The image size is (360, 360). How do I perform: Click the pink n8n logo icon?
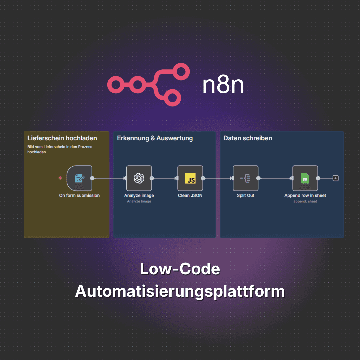[x=148, y=84]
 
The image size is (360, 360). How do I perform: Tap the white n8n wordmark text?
[x=223, y=85]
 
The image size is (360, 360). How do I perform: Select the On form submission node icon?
[x=79, y=178]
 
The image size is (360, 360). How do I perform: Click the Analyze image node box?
[x=139, y=178]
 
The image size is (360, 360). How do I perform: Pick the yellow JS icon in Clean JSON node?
[x=190, y=178]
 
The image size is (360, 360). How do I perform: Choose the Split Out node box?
[x=246, y=178]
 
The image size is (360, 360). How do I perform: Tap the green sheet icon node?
[x=305, y=178]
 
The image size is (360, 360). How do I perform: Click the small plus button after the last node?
[x=336, y=178]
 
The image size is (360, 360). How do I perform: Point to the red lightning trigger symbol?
[x=60, y=178]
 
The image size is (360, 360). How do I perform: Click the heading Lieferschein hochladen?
[x=62, y=138]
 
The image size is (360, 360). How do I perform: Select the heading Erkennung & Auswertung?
[x=155, y=138]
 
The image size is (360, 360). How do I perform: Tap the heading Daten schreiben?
[x=248, y=138]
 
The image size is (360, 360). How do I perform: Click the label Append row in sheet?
[x=305, y=195]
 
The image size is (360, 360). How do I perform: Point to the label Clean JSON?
[x=190, y=195]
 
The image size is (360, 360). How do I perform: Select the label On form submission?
[x=79, y=195]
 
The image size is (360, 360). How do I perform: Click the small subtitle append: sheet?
[x=305, y=201]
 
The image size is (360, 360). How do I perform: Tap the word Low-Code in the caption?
[x=180, y=269]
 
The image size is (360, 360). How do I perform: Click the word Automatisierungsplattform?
[x=180, y=291]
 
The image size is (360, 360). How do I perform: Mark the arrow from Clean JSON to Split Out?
[x=218, y=178]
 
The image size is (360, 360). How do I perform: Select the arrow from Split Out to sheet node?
[x=275, y=178]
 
